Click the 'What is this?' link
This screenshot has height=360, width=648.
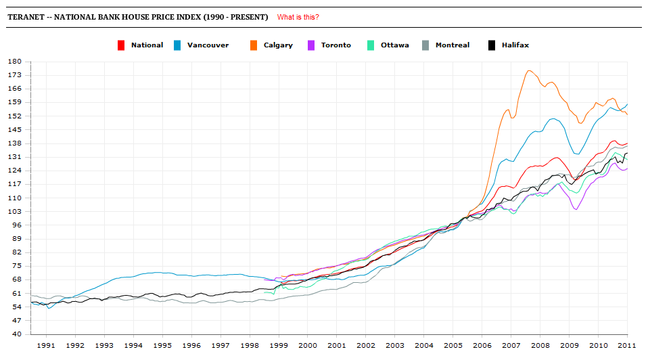(298, 17)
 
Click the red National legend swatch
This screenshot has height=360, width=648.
(121, 45)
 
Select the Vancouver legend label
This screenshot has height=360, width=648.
(208, 45)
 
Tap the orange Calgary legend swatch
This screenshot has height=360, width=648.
(254, 45)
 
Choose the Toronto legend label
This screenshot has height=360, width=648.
(335, 45)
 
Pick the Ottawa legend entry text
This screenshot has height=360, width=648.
(394, 45)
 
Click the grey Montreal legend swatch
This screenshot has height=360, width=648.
(425, 45)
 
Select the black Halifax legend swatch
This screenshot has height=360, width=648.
(492, 45)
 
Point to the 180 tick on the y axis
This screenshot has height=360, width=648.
(15, 62)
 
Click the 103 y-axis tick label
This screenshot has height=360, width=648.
(15, 212)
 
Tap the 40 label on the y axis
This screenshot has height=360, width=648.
(17, 334)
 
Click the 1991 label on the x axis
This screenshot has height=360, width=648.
(46, 345)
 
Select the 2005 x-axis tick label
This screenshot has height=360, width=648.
(453, 345)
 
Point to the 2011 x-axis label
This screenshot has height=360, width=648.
(626, 345)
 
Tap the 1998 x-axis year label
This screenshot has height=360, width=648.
(250, 345)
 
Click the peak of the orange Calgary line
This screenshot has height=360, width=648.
(529, 70)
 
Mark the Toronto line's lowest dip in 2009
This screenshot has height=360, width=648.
(576, 209)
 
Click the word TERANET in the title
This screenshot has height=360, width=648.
(25, 17)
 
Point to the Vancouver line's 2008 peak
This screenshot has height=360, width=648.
(553, 118)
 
